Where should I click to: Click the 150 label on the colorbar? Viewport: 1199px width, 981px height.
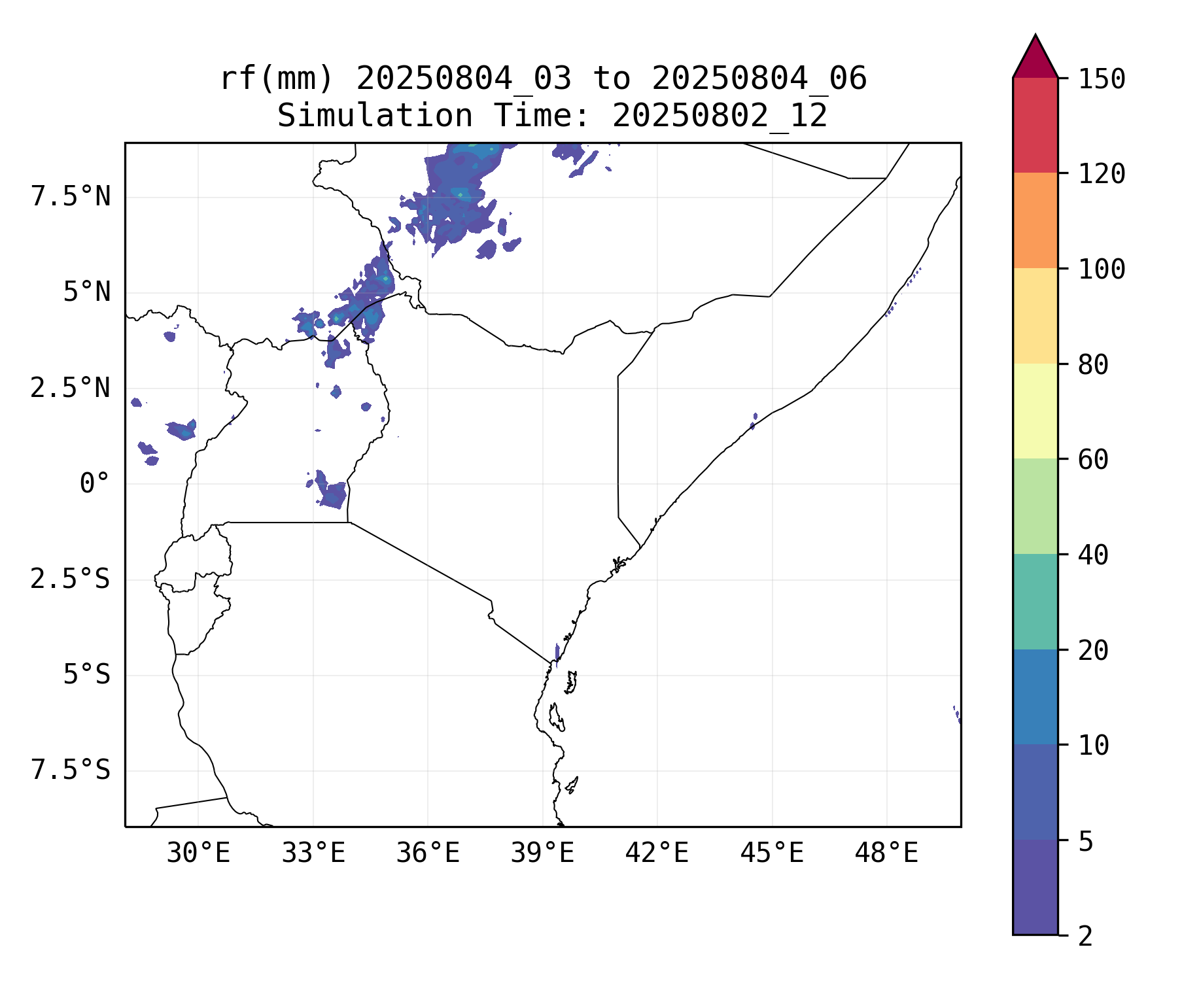1102,79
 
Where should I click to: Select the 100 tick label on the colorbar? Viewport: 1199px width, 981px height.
1102,269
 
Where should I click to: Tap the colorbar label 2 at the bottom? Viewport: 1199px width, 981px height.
1085,936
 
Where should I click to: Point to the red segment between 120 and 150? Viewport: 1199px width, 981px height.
1035,125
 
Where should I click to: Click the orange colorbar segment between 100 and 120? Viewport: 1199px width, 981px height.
1035,220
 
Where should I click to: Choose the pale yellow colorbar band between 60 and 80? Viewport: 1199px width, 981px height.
1035,411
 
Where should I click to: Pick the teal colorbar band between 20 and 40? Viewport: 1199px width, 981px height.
1035,602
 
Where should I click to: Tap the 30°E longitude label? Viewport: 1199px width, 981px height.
198,853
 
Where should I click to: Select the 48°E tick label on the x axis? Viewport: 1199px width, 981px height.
886,853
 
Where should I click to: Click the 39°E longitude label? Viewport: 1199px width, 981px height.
542,853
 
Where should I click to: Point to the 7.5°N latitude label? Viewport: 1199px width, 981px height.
71,196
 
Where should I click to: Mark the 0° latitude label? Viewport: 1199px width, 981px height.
94,484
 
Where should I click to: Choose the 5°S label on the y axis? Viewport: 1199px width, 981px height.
86,674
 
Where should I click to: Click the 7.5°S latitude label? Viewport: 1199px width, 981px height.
71,770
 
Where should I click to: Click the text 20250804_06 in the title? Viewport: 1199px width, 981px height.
759,78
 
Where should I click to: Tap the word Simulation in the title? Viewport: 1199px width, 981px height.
375,116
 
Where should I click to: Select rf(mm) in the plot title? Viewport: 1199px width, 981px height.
277,78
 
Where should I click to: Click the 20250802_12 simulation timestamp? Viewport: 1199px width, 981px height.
720,116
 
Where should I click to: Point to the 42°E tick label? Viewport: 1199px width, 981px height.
657,853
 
